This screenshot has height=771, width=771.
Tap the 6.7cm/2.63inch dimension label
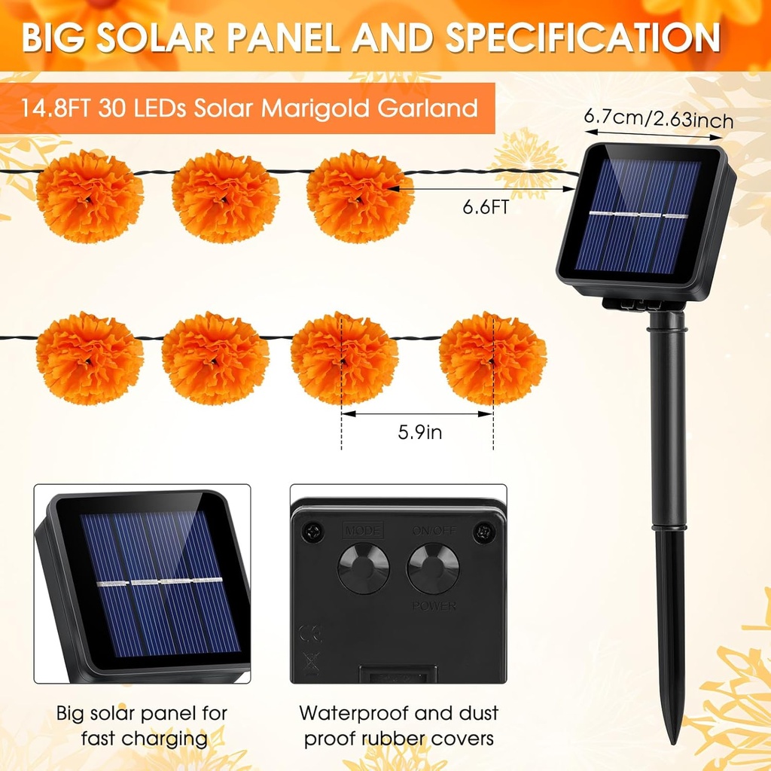[x=658, y=119]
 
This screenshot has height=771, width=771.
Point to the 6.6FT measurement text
[x=483, y=207]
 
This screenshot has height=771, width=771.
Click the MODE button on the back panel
[x=363, y=567]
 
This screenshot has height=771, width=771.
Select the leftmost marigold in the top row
[x=90, y=196]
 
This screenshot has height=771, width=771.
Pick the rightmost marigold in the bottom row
[x=492, y=358]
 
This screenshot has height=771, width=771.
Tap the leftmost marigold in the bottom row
[x=90, y=358]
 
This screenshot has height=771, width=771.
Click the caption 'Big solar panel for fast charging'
[x=142, y=725]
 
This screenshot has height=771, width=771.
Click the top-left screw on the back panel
[x=314, y=533]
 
